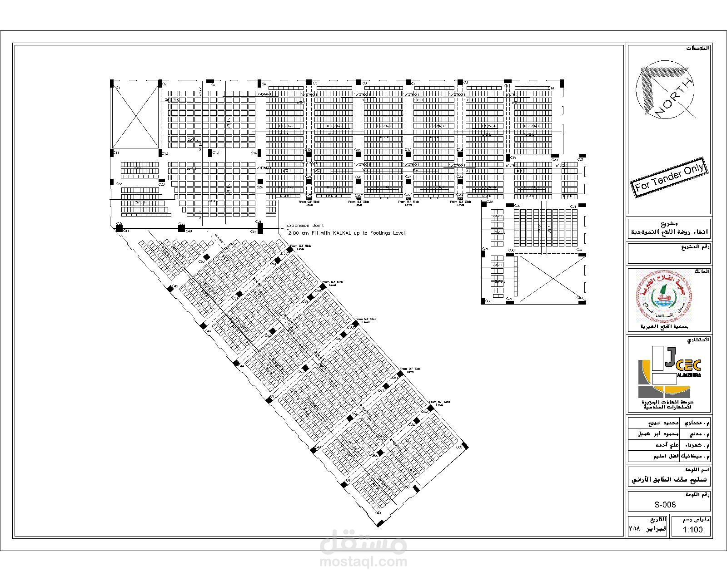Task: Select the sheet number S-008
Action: point(665,504)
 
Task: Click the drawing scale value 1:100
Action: point(692,530)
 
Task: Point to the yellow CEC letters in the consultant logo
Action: point(689,365)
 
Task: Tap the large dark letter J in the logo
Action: point(669,357)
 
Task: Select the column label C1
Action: point(117,87)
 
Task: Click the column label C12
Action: point(165,154)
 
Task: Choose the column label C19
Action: point(513,158)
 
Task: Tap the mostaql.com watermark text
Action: point(363,562)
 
